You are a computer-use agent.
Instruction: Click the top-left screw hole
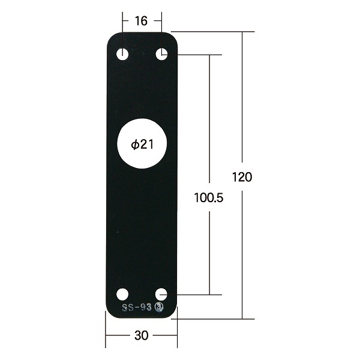122,55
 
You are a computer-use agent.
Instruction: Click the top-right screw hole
161,54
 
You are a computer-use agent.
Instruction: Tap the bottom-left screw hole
122,295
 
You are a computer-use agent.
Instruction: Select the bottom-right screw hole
161,295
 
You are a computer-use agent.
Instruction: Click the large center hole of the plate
142,143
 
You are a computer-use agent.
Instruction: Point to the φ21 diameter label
142,145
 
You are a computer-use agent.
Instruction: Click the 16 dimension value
141,21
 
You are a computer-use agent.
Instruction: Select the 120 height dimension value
242,177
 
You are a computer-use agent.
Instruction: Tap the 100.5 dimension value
208,197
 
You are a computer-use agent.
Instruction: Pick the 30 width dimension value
141,335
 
